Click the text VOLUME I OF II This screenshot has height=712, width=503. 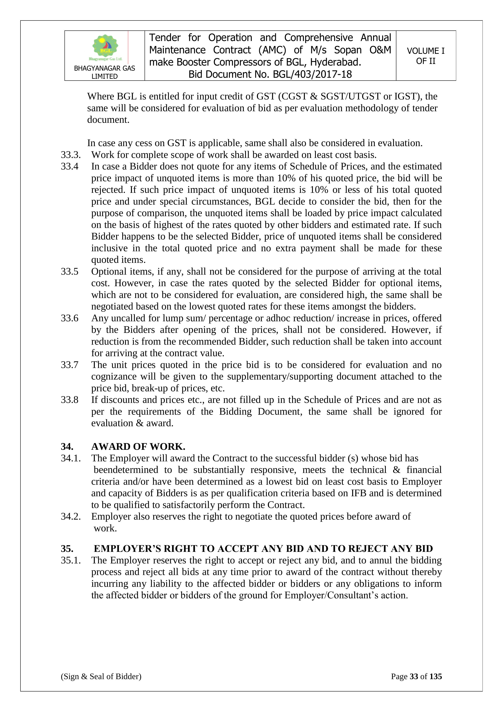[426, 56]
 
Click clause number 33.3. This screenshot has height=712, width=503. [71, 155]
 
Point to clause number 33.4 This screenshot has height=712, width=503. [70, 166]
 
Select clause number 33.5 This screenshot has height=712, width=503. [70, 272]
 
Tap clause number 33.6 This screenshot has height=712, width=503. [70, 318]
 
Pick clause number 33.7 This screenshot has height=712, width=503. [70, 365]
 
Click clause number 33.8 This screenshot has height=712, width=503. [70, 400]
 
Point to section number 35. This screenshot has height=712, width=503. [67, 549]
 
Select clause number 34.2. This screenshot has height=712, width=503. [71, 517]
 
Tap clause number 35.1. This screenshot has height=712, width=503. [71, 560]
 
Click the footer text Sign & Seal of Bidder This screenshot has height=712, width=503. [101, 676]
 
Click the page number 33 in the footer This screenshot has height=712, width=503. [414, 676]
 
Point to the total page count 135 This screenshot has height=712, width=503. [435, 676]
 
